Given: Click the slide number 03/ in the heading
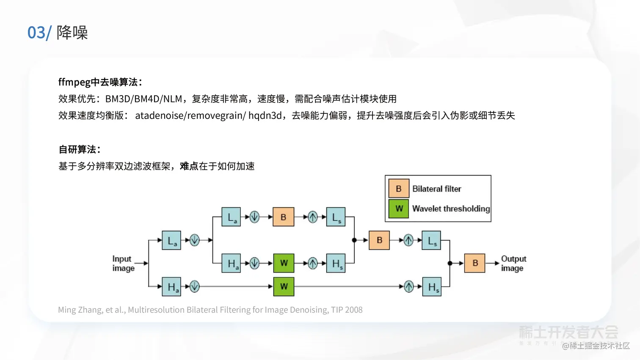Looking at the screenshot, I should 39,33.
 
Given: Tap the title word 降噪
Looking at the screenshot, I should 72,33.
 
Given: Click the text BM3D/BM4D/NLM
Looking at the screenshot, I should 143,99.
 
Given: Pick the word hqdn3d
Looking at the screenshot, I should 265,115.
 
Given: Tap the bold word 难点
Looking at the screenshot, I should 189,166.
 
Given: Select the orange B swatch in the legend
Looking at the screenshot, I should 399,189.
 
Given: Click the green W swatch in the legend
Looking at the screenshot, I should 399,209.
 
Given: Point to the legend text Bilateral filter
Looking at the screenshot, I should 436,189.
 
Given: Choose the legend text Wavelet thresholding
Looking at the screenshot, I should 451,209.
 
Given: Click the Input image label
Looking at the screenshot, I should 123,263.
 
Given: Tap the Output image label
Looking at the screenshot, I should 513,263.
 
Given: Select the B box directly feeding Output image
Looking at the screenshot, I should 475,263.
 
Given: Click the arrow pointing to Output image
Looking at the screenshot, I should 493,263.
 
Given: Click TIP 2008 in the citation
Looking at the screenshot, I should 347,310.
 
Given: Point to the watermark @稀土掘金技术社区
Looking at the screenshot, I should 596,346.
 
